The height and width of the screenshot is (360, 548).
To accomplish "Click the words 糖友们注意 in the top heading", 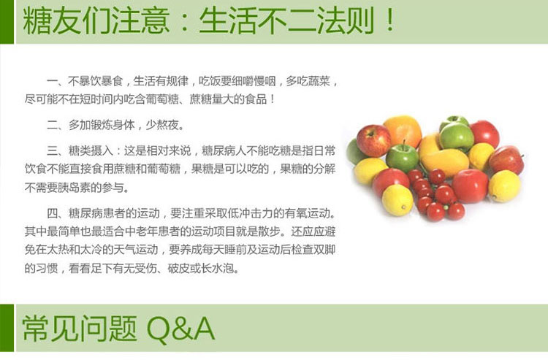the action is tap(96, 21).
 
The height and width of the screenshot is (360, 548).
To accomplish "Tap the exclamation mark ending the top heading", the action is tap(390, 20).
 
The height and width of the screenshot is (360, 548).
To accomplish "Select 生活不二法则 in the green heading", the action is tap(286, 21).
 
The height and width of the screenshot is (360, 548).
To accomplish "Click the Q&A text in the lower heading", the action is tap(180, 328).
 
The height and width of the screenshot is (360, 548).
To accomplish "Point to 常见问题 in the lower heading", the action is tap(80, 328).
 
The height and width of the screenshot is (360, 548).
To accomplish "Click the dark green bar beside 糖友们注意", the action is tap(7, 22).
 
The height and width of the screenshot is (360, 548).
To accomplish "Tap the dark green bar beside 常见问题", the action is tap(7, 328).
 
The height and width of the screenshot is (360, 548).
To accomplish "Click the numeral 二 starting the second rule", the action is tap(53, 125).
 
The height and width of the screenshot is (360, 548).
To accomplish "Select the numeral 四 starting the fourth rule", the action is tap(53, 213).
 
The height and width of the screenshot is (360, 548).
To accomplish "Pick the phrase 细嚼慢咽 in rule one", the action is tap(254, 81).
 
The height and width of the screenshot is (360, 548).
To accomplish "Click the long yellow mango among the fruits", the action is tap(444, 162).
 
